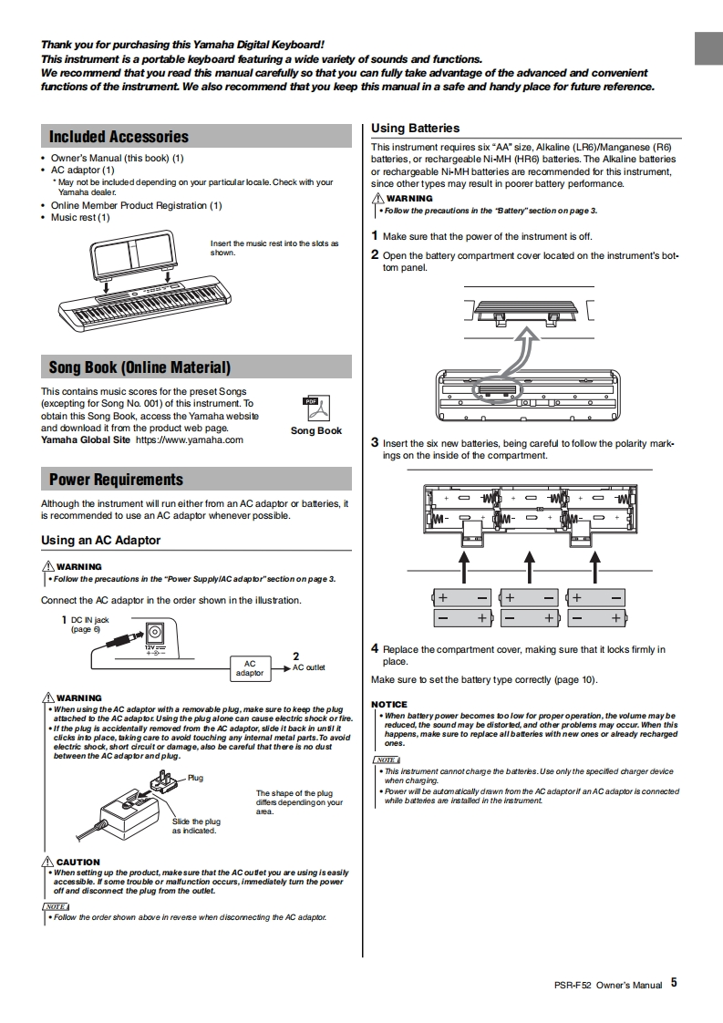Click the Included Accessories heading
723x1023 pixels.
119,137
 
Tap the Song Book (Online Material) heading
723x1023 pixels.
139,367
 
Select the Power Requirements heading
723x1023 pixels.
116,480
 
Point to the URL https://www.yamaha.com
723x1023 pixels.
189,439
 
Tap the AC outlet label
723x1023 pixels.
308,667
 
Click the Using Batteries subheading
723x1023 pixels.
416,129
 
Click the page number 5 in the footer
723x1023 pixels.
674,983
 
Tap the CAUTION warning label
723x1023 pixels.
77,862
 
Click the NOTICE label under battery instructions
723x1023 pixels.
389,705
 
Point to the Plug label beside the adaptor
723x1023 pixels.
195,778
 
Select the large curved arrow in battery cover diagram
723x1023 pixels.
522,351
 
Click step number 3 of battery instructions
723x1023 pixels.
375,442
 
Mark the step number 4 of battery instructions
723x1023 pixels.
375,648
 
